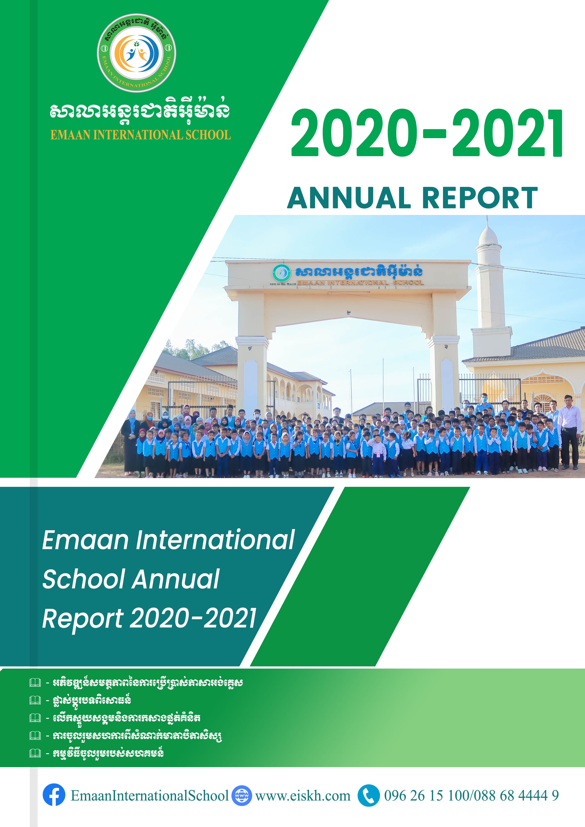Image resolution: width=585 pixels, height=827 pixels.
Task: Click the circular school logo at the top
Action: (137, 53)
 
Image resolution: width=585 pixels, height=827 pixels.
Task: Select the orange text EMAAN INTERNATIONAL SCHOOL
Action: (141, 135)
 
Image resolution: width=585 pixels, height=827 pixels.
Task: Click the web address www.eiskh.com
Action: (303, 796)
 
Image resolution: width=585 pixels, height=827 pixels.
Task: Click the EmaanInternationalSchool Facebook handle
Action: (150, 796)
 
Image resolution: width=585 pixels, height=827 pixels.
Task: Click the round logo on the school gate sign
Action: (281, 273)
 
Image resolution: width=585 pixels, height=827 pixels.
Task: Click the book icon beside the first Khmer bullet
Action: (35, 682)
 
